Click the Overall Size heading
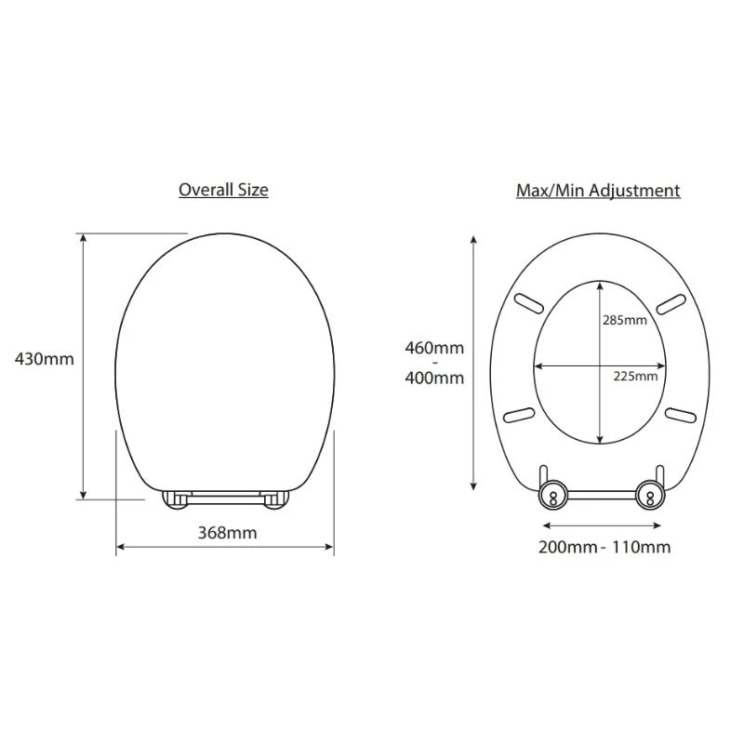[x=223, y=191]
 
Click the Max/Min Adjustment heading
[x=598, y=191]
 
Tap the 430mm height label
[x=44, y=359]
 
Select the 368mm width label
[x=227, y=533]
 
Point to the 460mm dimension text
[x=434, y=348]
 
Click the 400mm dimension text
[x=434, y=379]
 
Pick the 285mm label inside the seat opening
[x=624, y=320]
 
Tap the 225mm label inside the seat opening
[x=635, y=377]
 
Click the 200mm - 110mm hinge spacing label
[x=604, y=547]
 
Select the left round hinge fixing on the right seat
[x=552, y=496]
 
